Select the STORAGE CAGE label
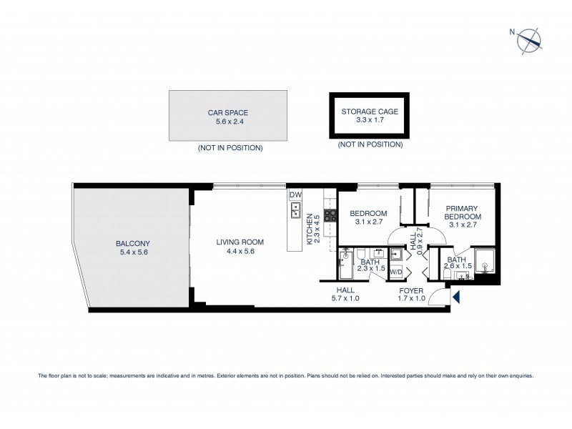pos(370,112)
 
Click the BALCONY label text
pos(133,243)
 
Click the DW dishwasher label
pos(295,194)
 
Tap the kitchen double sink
pos(295,211)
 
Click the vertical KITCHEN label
pos(310,230)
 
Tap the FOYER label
pos(411,290)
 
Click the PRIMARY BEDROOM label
pos(461,212)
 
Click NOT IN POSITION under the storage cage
pos(370,144)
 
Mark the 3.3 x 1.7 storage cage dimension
pos(370,122)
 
